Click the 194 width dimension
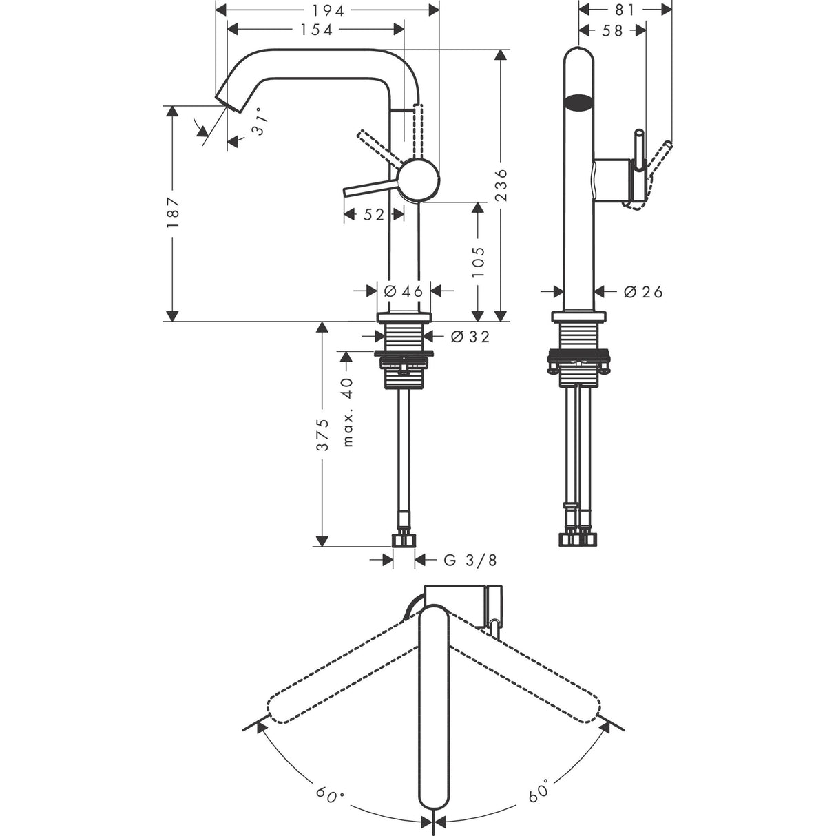coord(328,10)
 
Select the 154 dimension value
coord(316,30)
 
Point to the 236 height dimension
coord(501,185)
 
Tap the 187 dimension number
coord(172,213)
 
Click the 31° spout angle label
coord(260,123)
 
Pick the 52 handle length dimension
coord(373,214)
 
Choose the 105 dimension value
coord(477,262)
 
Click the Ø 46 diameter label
coord(403,291)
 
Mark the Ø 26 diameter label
coord(643,292)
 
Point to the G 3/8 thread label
coord(470,560)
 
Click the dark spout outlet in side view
coord(578,103)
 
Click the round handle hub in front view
coord(419,180)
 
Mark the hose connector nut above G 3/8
coord(404,541)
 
